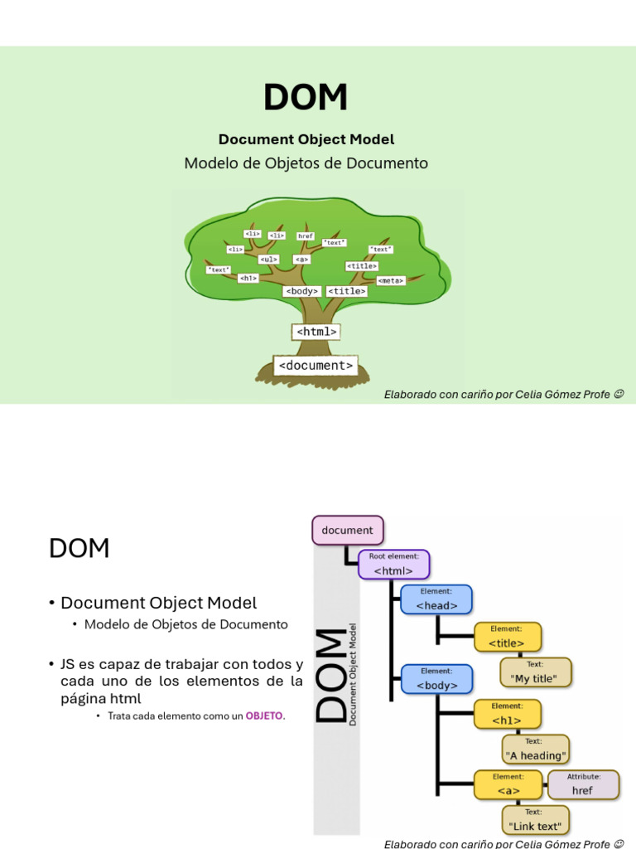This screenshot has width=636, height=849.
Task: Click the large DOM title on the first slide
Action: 306,98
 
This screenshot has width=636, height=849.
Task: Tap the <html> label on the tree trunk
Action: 316,332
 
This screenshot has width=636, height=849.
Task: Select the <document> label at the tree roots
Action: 316,365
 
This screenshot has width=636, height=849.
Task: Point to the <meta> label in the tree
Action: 390,280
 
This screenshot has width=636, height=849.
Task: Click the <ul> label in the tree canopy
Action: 268,260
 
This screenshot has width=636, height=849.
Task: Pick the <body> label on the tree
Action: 301,291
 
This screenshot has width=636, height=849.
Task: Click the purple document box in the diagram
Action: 348,531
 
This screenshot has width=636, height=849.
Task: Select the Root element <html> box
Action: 393,565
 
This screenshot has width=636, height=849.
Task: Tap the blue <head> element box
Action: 436,599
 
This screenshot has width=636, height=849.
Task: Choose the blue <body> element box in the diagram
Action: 436,679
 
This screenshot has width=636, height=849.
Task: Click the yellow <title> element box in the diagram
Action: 507,637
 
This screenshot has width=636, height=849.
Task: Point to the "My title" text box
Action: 535,672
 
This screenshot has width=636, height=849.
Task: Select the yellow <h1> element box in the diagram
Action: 507,714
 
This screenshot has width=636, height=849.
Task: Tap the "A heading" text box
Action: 536,750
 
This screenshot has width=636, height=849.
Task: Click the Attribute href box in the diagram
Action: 583,784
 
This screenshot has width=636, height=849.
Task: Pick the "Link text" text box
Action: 535,820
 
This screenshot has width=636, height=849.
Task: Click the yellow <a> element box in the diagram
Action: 508,784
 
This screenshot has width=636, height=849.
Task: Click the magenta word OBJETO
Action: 263,716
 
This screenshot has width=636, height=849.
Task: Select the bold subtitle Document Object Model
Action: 306,139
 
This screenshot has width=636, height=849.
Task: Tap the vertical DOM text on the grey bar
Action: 332,675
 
